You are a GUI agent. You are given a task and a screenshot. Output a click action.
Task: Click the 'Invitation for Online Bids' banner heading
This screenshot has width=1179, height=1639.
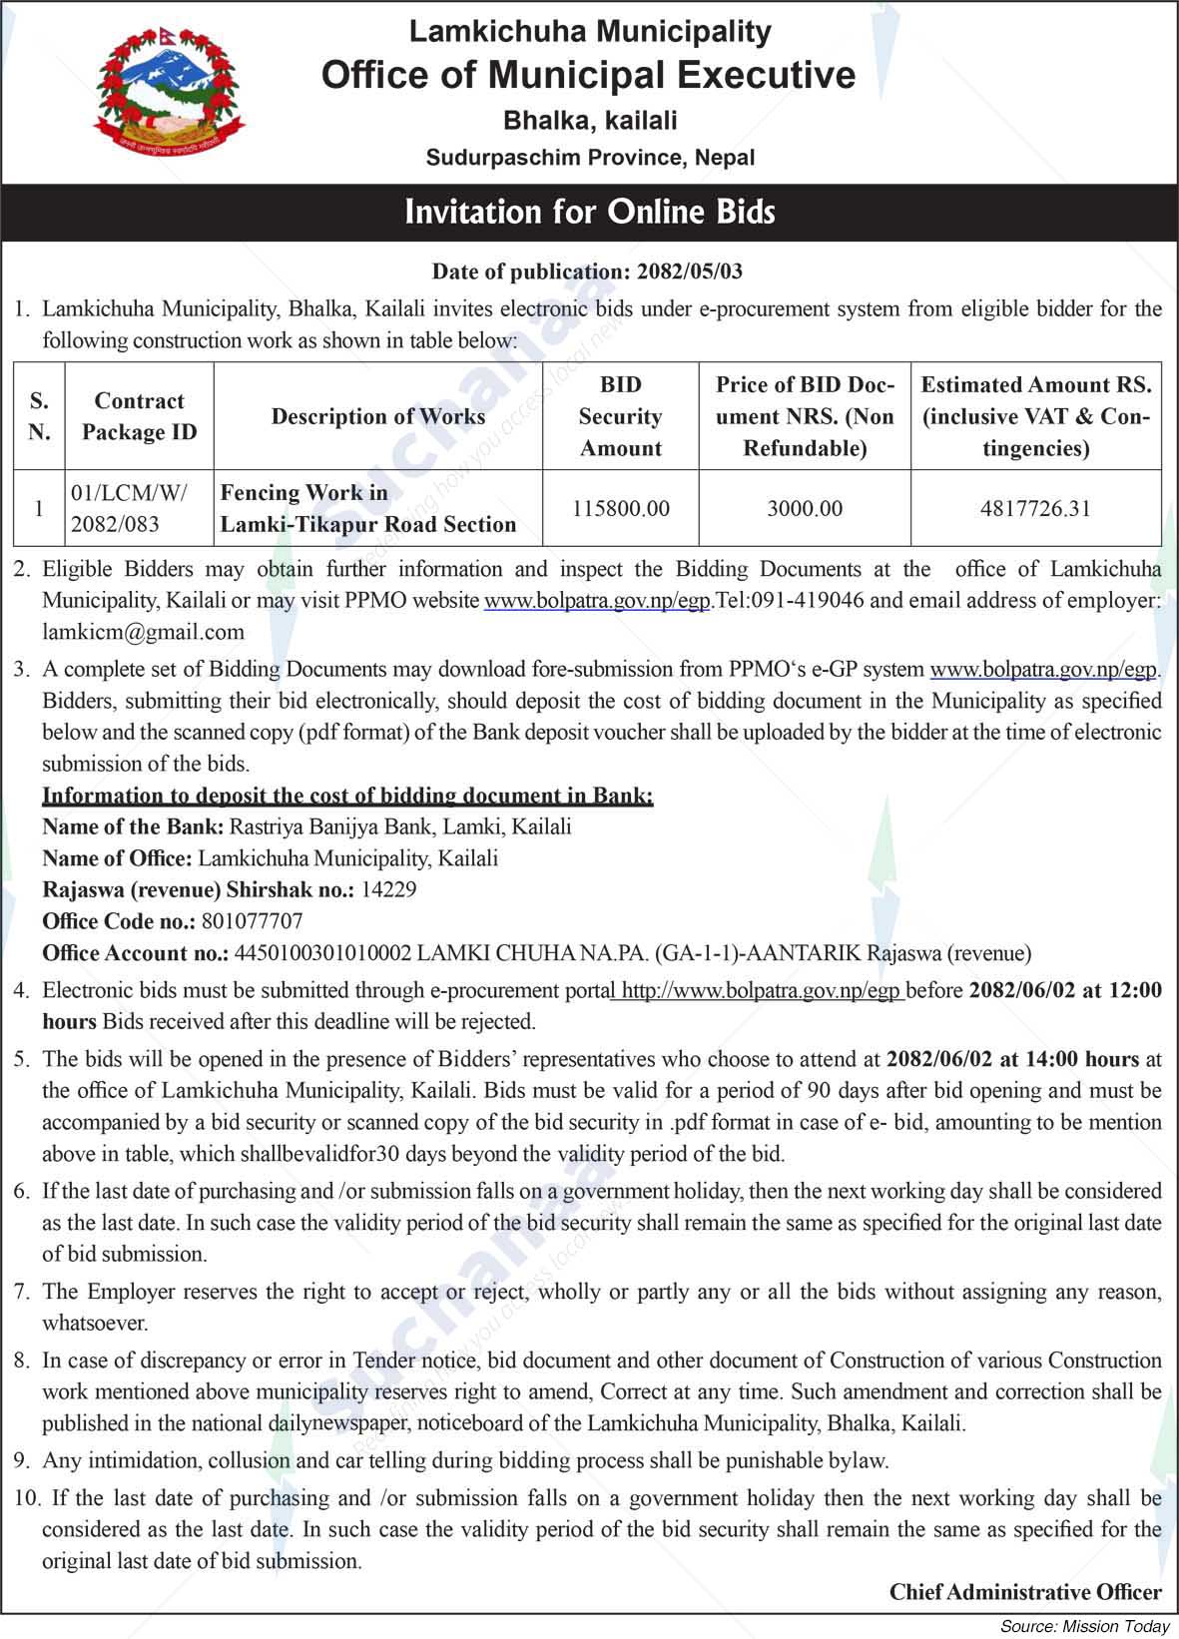589,212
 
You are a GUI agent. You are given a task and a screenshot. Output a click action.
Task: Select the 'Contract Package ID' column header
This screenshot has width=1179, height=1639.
139,416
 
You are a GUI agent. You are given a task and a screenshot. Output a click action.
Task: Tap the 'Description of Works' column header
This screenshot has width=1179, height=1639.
378,416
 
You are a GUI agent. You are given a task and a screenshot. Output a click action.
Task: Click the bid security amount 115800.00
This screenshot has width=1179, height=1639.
620,508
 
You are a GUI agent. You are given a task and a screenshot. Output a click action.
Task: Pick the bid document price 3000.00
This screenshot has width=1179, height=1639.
805,508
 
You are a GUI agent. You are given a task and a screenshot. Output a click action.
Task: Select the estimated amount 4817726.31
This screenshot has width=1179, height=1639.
1035,508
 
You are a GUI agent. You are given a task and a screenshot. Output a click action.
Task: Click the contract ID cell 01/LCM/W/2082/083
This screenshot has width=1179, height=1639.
129,508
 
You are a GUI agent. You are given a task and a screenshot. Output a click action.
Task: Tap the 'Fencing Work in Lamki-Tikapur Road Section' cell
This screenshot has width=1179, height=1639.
367,508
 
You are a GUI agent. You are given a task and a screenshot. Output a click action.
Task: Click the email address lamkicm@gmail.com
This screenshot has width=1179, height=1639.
143,632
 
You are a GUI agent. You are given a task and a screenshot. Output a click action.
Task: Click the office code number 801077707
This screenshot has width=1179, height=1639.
252,921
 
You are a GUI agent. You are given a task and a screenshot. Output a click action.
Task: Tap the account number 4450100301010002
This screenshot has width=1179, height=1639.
322,953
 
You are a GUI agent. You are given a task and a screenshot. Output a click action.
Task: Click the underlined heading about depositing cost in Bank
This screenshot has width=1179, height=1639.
347,796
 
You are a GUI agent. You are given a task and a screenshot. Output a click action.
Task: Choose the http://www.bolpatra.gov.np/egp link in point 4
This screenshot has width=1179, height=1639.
760,991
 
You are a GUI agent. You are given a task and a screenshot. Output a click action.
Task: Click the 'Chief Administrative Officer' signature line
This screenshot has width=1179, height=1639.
1025,1592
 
